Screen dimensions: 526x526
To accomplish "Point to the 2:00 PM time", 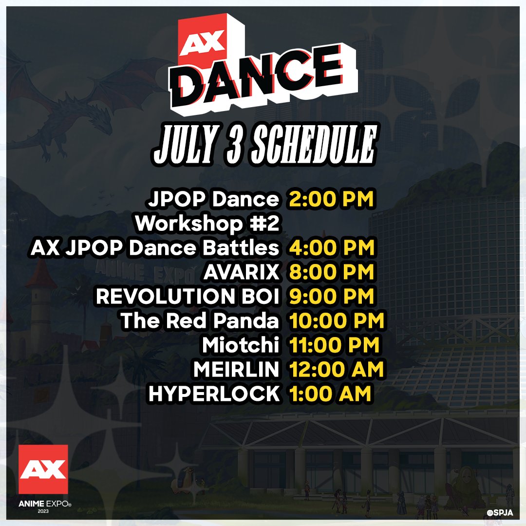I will [x=331, y=200].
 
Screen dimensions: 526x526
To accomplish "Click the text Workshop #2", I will [x=207, y=224].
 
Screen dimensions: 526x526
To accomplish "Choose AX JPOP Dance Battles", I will [x=155, y=248].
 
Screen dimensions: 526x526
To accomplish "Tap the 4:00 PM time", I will [x=331, y=248].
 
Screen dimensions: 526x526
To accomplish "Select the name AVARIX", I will [x=242, y=273].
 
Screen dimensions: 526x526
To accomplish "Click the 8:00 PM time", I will [x=331, y=273].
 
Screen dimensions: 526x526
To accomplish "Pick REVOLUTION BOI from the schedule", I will [x=188, y=297].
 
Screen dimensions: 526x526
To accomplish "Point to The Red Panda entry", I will [x=200, y=321].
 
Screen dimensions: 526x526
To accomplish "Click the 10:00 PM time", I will [x=337, y=321].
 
